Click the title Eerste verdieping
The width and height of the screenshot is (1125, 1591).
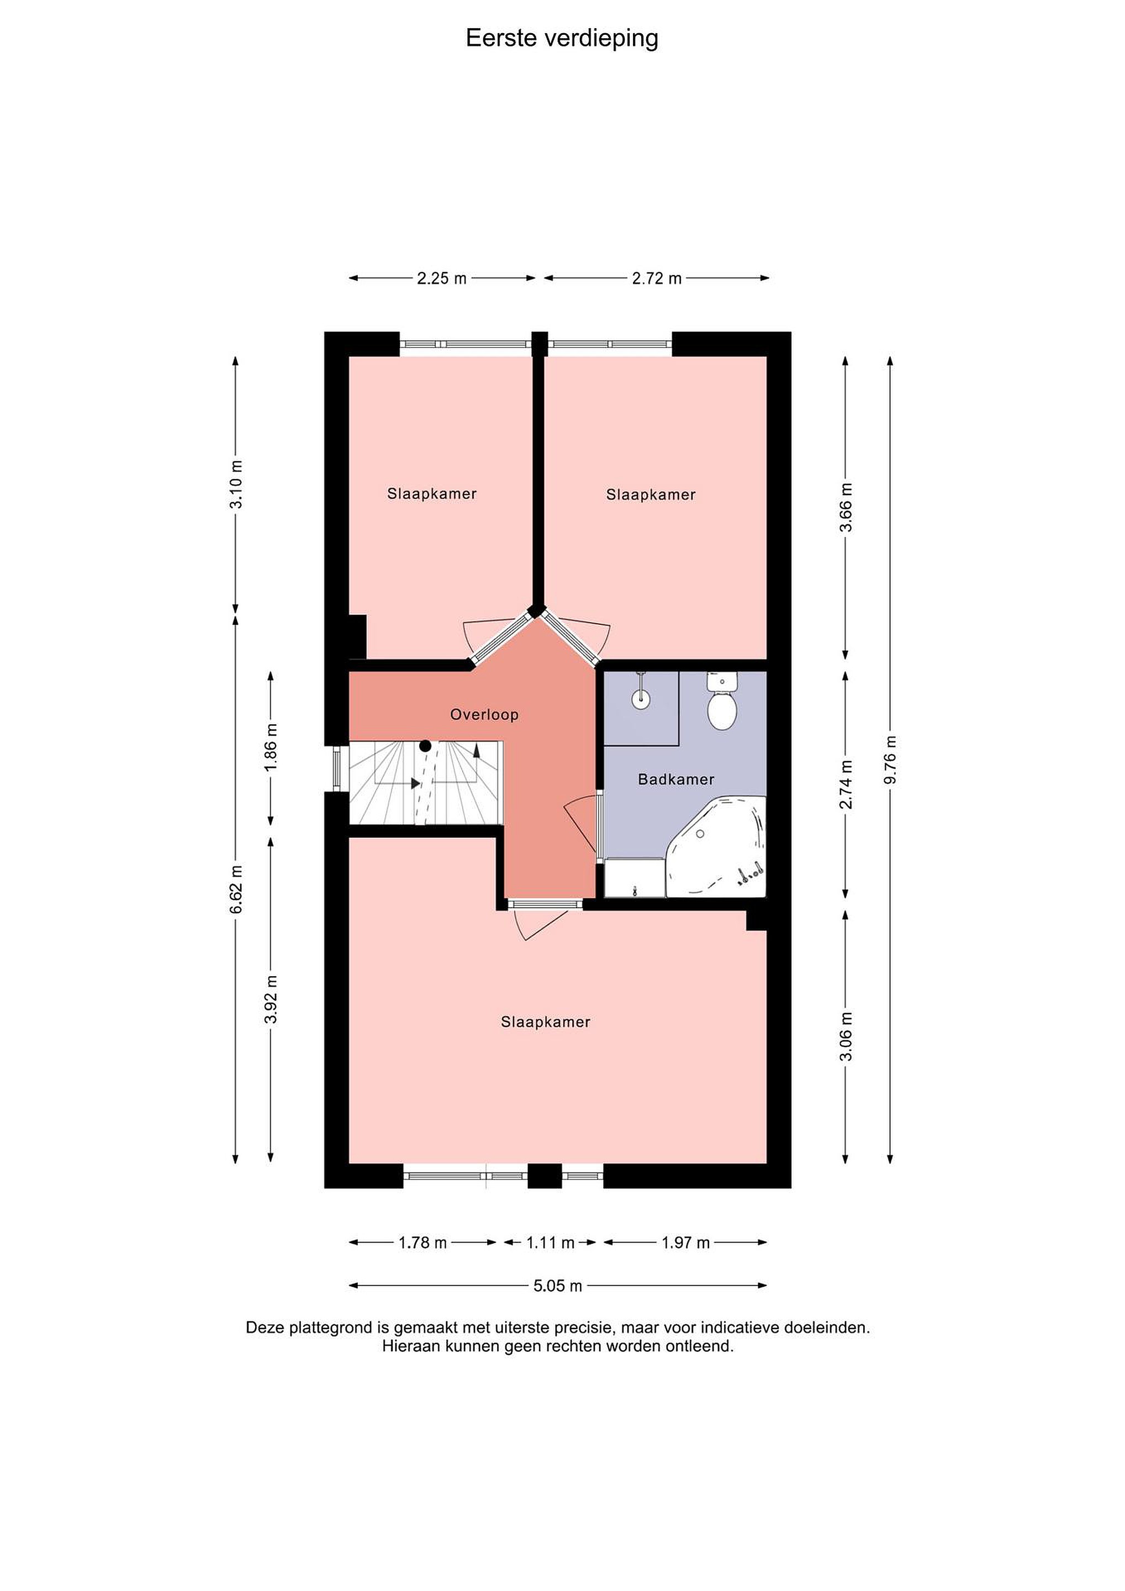tap(562, 39)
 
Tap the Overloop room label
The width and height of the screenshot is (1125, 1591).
tap(484, 714)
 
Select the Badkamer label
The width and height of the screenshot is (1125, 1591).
tap(676, 779)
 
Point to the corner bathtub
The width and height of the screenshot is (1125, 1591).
tap(720, 847)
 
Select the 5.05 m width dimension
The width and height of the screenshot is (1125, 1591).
tap(558, 1286)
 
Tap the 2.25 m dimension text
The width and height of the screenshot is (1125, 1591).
tap(442, 278)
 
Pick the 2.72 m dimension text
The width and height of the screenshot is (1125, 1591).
tap(657, 278)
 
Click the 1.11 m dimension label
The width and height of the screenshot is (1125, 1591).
tap(551, 1243)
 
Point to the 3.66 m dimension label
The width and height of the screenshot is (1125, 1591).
tap(846, 507)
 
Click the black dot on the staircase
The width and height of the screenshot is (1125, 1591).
tap(425, 746)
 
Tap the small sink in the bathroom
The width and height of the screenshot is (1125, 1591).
tap(641, 698)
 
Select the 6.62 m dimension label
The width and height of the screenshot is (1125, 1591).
tap(236, 889)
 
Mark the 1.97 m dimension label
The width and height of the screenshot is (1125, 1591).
tap(686, 1243)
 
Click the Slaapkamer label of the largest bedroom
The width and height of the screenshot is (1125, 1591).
tap(546, 1022)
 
